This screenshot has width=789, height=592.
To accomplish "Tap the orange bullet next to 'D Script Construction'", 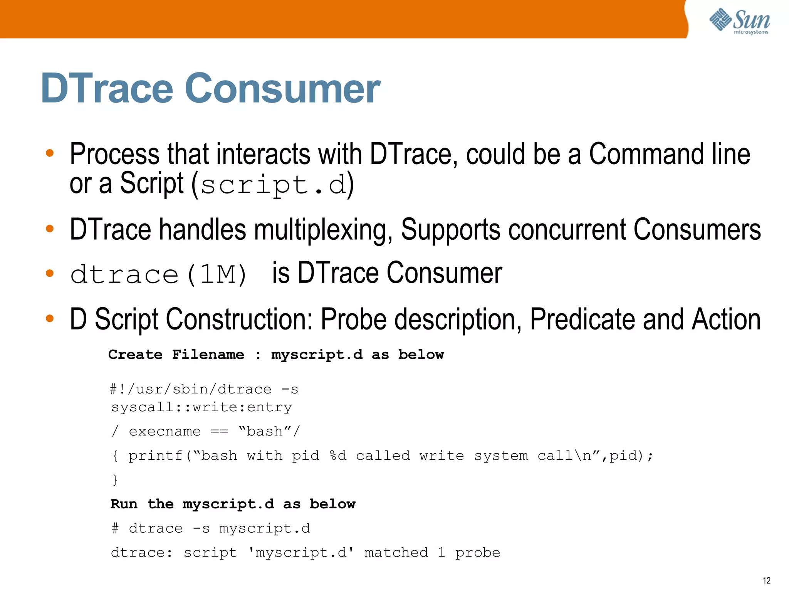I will point(50,318).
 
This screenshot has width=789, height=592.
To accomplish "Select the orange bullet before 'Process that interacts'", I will point(50,153).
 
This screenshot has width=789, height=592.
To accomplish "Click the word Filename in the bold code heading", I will point(208,355).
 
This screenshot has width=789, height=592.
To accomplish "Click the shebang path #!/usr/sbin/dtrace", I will point(191,389).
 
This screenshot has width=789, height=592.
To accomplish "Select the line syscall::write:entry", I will point(201,407).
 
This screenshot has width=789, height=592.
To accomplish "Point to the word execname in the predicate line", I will point(165,431).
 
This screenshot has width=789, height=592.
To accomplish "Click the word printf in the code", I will point(155,456).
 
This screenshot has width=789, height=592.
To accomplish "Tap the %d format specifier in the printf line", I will point(338,456).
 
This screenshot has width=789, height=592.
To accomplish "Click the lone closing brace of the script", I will point(115,480).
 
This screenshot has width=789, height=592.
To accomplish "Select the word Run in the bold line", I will point(124,504).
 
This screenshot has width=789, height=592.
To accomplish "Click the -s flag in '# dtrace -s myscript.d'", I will point(201,528).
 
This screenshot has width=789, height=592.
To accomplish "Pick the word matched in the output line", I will point(396,553).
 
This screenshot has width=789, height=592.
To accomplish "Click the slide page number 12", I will point(766,580).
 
